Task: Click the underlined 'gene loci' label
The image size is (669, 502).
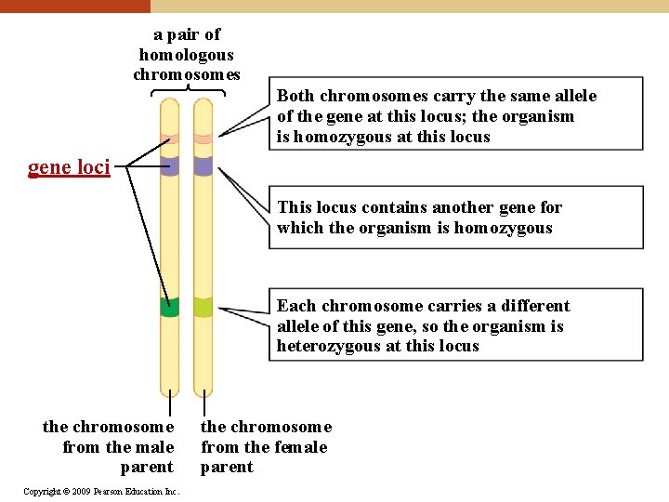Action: coord(69,168)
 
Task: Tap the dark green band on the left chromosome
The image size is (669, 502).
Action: coord(169,308)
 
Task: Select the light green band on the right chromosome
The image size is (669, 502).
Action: coord(203,307)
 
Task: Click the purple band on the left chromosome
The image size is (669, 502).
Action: coord(169,166)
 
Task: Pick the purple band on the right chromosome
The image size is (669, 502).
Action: coord(203,166)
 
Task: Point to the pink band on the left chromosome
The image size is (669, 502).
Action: coord(169,139)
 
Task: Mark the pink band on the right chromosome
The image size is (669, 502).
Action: coord(203,139)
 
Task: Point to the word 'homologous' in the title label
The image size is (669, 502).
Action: coord(186,55)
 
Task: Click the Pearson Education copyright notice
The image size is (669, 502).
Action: coord(101,491)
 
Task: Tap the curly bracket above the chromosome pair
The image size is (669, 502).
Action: coord(187,90)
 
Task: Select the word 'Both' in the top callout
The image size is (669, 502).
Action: coord(296,96)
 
